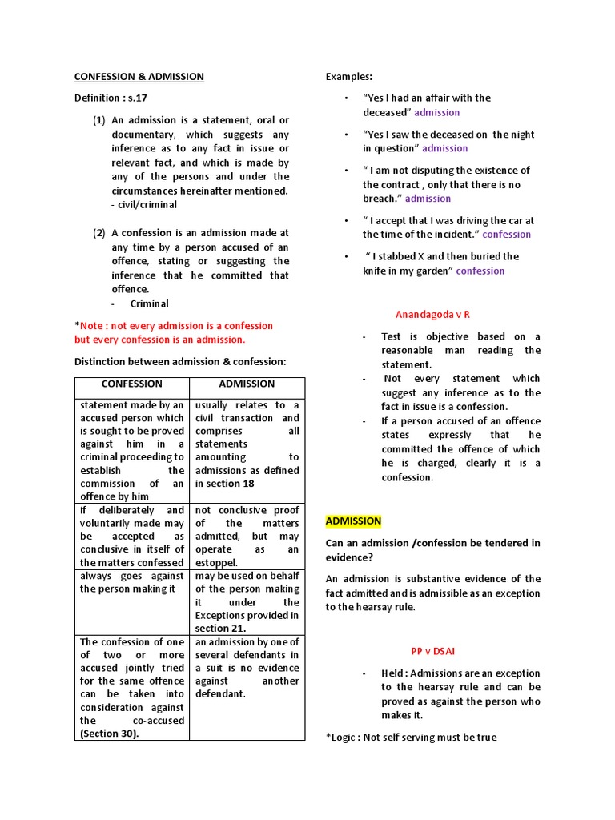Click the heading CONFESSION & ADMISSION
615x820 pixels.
(x=139, y=77)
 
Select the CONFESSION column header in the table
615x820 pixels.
(x=131, y=384)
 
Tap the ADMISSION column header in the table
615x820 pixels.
(x=247, y=384)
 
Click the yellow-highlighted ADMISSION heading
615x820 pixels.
(x=353, y=521)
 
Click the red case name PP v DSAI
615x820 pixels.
(x=432, y=652)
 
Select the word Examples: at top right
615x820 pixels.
(x=349, y=77)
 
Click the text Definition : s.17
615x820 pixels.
(x=111, y=98)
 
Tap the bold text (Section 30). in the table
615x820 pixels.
(x=109, y=734)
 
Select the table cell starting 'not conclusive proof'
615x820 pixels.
(x=247, y=510)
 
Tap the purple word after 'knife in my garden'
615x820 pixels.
(x=480, y=271)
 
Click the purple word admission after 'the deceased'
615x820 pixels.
(x=437, y=112)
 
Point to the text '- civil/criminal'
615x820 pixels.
(x=144, y=205)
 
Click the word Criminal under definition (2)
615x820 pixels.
(x=150, y=303)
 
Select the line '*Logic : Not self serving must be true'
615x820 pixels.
(x=411, y=737)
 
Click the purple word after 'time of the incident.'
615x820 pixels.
(x=506, y=235)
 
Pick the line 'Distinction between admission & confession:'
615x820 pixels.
(x=180, y=362)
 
